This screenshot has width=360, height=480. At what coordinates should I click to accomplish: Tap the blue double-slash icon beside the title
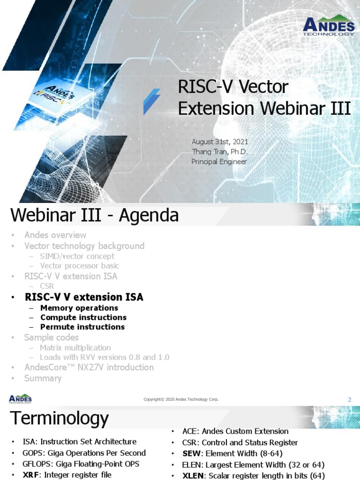(152, 101)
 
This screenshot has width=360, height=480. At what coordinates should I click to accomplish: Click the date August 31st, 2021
(220, 142)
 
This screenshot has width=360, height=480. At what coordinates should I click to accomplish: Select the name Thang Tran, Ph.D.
(219, 151)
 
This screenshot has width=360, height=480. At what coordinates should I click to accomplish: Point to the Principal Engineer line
(219, 162)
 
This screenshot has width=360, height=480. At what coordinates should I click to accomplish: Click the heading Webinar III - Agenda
(94, 216)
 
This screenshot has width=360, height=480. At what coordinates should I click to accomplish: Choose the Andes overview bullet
(55, 235)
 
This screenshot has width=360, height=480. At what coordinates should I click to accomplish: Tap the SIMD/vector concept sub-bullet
(77, 256)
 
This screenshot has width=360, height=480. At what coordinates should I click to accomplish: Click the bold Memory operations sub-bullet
(79, 308)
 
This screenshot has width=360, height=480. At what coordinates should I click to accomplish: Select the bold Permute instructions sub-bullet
(82, 327)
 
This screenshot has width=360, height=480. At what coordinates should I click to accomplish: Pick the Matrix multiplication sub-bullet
(75, 348)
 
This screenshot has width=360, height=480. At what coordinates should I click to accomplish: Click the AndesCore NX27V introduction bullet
(89, 367)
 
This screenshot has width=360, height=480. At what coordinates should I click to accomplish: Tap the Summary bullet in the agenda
(43, 378)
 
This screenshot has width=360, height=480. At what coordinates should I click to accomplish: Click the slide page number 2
(349, 399)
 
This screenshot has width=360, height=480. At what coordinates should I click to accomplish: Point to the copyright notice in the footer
(181, 399)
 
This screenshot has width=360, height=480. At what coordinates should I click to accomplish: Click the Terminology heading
(60, 418)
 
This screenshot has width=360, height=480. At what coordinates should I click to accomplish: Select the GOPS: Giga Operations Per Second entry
(84, 453)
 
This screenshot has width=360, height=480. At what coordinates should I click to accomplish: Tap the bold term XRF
(32, 475)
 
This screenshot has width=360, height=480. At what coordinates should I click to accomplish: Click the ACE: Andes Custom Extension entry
(235, 431)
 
